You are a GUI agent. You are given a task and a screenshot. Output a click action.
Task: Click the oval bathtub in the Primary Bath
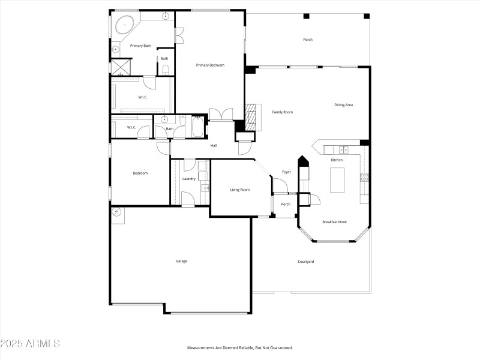[124, 25]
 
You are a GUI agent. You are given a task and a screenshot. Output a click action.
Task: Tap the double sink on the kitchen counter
[343, 149]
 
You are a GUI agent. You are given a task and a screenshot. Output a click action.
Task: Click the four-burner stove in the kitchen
[364, 176]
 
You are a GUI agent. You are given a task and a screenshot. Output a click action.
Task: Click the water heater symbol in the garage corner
[116, 212]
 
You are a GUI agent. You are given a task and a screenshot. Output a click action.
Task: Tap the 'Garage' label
[181, 261]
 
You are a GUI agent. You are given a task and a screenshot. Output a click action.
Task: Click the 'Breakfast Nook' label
[334, 222]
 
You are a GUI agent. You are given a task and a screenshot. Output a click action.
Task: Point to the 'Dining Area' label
[343, 105]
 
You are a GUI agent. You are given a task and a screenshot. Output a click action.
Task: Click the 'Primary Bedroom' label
[210, 65]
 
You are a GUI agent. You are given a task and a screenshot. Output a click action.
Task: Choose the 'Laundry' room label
[189, 179]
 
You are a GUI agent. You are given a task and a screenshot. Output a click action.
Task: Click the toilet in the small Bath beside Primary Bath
[166, 70]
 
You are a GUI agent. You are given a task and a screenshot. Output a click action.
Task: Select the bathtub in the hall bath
[197, 128]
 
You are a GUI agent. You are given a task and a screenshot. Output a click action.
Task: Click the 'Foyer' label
[286, 172]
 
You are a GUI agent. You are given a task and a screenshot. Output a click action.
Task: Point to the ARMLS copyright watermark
[30, 344]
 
